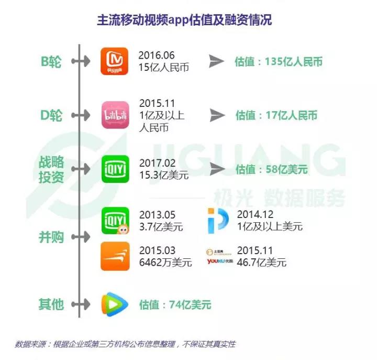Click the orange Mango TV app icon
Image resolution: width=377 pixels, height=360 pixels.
coord(114,61)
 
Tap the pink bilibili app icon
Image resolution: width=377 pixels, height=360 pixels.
coord(114,115)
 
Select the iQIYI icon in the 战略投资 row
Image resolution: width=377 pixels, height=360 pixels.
coord(115,169)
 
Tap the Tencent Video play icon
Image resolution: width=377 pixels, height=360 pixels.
coord(115,304)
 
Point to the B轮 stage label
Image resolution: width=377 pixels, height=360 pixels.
coord(51,62)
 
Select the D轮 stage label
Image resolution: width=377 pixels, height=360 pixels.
coord(51,115)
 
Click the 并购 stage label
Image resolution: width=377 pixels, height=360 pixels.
coord(51,237)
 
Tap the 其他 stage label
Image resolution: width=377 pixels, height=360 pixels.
coord(51,304)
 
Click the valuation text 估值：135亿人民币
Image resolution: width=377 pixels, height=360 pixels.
coord(278,62)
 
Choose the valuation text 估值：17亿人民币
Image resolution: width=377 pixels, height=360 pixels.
coord(276,115)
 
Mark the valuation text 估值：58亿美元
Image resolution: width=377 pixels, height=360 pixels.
coord(271,169)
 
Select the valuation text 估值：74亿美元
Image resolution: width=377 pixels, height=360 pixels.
coord(175,304)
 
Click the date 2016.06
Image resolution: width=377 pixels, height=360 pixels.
coord(156,55)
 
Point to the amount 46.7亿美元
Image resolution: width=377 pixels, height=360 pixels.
coord(262,263)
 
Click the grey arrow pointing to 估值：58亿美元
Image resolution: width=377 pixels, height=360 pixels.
coord(217,169)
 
